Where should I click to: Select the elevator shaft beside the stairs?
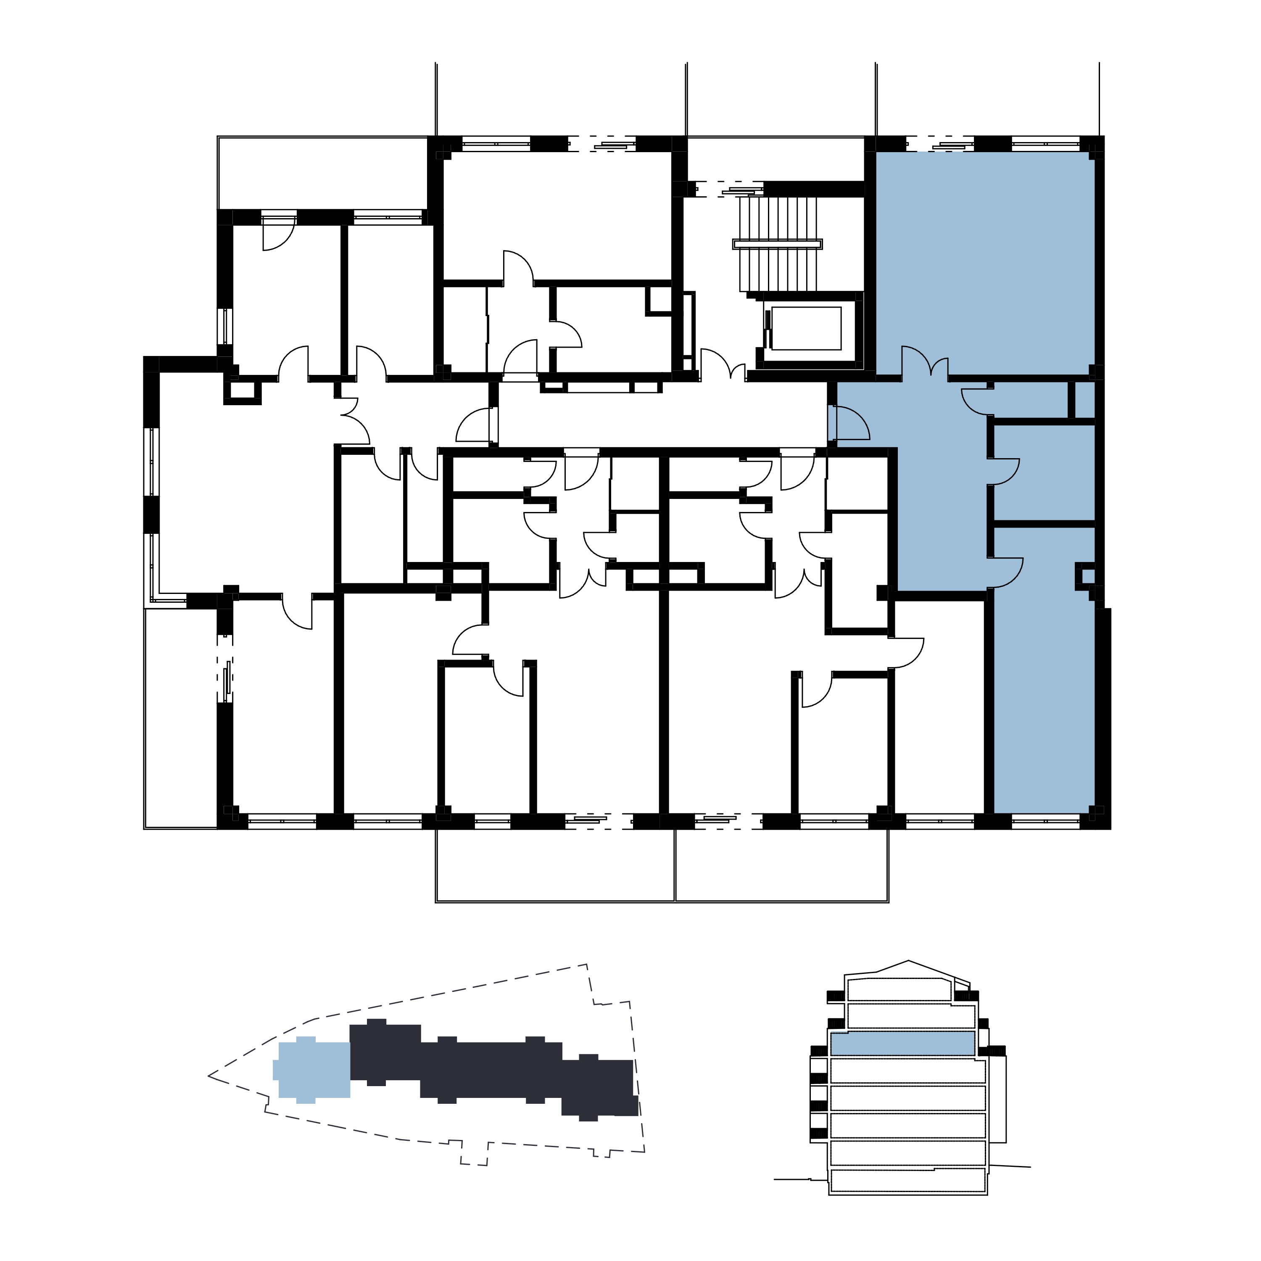pos(807,328)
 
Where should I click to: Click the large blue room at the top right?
pos(984,261)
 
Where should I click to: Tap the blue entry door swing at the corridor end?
pos(849,424)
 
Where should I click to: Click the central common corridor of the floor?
pos(659,415)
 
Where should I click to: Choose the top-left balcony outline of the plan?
pos(322,173)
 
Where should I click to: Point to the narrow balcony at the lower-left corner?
pos(180,718)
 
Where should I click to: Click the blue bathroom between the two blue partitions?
pos(1043,474)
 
